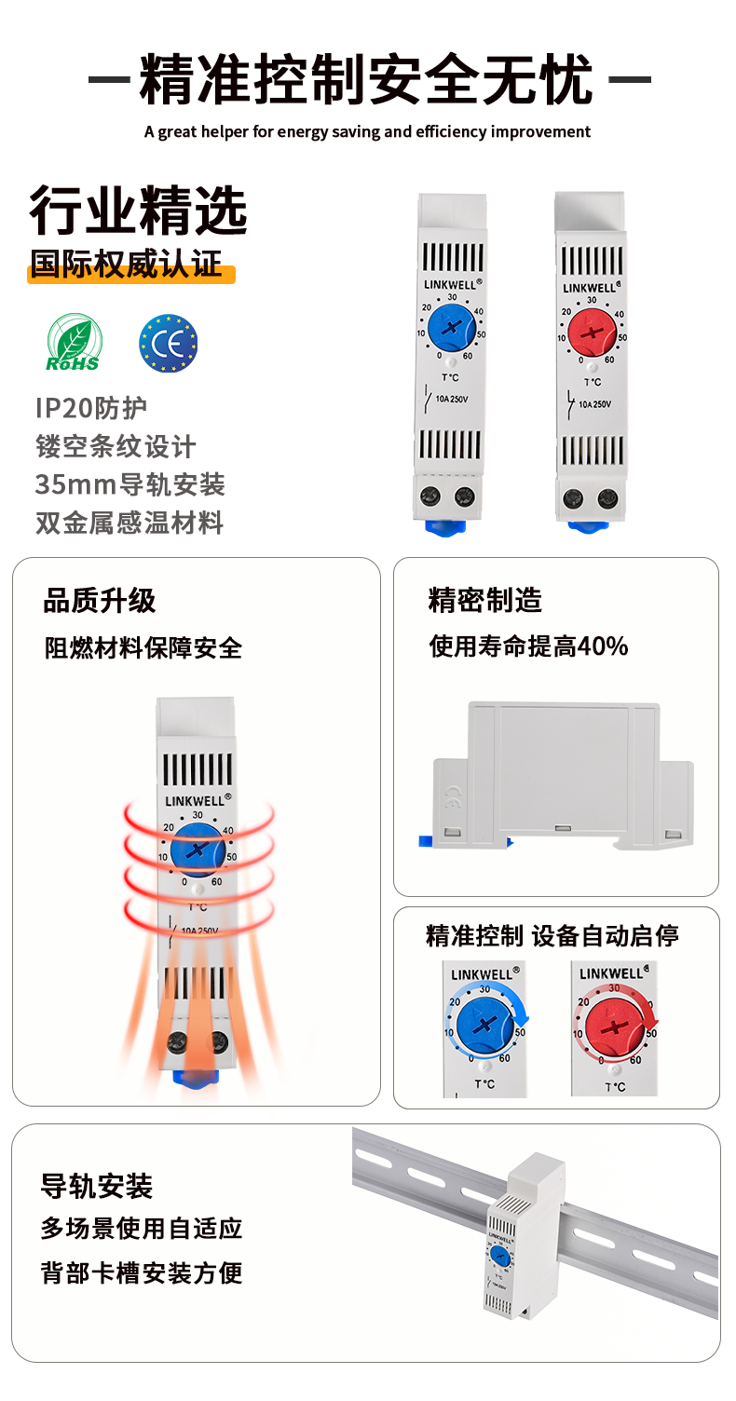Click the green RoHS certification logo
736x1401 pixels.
point(74,342)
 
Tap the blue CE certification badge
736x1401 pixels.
point(169,344)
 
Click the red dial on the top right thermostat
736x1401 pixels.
point(592,332)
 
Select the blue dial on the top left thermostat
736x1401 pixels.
point(452,327)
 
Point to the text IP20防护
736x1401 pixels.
point(91,408)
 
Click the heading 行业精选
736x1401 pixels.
point(138,211)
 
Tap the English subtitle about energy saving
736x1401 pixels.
point(367,132)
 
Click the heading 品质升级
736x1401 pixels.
point(99,601)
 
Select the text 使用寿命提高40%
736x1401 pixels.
point(528,646)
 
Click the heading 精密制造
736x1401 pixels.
point(485,600)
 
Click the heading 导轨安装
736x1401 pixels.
point(96,1186)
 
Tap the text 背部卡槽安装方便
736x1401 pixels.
point(142,1272)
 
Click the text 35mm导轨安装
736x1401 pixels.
point(130,484)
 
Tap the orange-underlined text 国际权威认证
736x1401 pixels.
point(127,264)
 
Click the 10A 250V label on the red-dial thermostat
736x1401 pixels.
point(594,404)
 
